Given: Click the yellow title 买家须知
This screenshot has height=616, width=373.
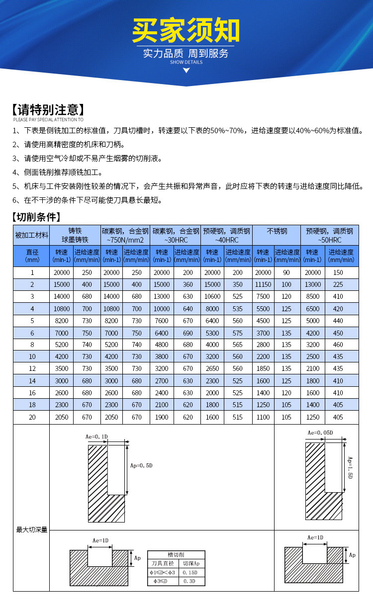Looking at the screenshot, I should coord(186,31).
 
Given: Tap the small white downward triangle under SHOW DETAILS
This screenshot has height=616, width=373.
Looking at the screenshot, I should coord(186,70).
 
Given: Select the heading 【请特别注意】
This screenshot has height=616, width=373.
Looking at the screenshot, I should coord(48,110).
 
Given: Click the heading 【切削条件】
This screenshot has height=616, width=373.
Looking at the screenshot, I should coord(36,217).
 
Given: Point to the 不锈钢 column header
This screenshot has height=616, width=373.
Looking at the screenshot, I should coord(277,231).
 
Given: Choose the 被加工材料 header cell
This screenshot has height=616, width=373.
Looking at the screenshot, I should coord(32,235).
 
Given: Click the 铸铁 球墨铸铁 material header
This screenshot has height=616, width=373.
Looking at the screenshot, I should coord(75,235).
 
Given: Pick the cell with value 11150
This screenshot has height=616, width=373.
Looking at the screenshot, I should coord(263,284).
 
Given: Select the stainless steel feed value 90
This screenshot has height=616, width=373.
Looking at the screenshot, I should coord(286,272).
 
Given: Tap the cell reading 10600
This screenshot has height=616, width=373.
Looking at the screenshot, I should coord(212,296).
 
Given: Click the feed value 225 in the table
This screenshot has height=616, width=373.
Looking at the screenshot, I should coord(338,284).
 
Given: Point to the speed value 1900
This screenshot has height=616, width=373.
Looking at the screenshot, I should coord(162,417).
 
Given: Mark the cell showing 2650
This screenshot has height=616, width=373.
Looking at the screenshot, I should coord(212,368).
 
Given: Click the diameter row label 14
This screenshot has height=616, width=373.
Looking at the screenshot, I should coord(32,381).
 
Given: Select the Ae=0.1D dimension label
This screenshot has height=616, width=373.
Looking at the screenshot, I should coord(96,437).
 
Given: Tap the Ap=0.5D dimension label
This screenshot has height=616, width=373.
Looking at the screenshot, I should coord(141,465).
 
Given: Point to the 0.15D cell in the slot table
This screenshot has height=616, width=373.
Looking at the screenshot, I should coord(190,572).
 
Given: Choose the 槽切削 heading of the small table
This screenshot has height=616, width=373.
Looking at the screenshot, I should coord(176,555).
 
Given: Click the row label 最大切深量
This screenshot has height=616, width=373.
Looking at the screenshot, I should coord(32,530).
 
